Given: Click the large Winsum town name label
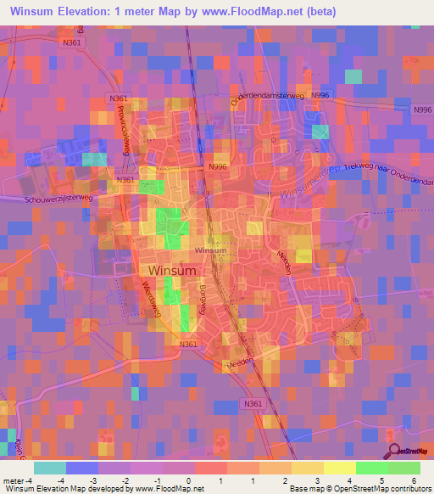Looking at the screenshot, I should [172, 271].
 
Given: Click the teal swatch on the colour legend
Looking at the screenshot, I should [50, 468].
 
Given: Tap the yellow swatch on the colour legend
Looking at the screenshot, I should [340, 468].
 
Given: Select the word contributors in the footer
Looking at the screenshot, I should [412, 489].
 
